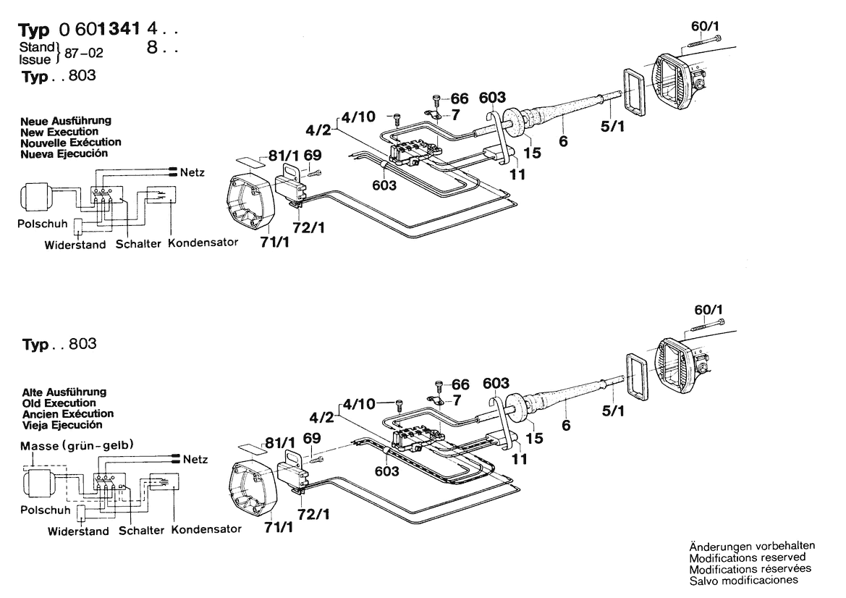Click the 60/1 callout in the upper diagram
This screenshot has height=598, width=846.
tap(705, 26)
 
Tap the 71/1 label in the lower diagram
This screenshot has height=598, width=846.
tap(279, 527)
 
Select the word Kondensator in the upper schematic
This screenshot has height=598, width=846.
tap(203, 243)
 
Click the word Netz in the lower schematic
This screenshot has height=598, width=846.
tap(195, 459)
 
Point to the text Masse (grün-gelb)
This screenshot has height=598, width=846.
tap(77, 446)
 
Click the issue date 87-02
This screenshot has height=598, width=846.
tap(84, 53)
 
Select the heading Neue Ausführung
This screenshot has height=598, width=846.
tap(66, 120)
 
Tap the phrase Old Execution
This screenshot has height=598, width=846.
tap(59, 403)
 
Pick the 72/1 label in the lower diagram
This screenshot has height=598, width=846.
tap(313, 514)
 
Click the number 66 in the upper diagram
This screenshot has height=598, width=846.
tap(459, 98)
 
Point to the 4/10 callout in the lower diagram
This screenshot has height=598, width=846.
tap(359, 403)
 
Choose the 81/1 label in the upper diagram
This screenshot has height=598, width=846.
tap(283, 156)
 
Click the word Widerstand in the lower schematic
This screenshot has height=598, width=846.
tap(78, 531)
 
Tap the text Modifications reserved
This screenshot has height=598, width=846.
tap(748, 557)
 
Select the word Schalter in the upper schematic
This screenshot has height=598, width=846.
tap(138, 243)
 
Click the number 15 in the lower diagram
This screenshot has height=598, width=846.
tap(534, 438)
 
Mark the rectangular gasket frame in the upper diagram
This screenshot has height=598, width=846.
tap(635, 92)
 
